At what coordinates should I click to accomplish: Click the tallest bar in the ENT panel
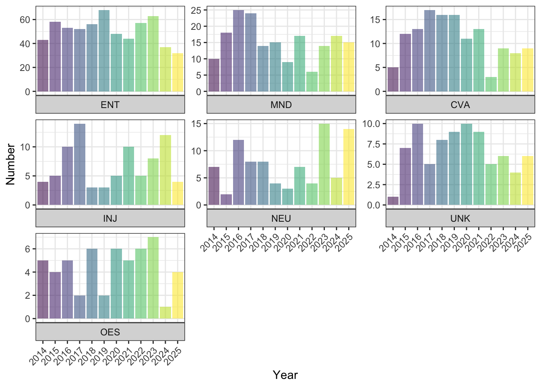pyautogui.click(x=104, y=51)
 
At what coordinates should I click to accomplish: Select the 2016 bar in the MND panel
pyautogui.click(x=238, y=51)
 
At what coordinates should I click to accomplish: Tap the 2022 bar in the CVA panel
pyautogui.click(x=491, y=84)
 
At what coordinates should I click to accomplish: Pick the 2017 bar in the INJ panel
pyautogui.click(x=80, y=164)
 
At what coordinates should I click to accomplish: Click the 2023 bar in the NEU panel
pyautogui.click(x=324, y=164)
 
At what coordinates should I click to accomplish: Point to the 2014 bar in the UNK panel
pyautogui.click(x=393, y=201)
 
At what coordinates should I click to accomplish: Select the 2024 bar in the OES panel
pyautogui.click(x=165, y=313)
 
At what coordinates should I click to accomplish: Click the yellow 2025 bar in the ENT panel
pyautogui.click(x=178, y=73)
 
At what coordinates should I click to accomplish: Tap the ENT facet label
pyautogui.click(x=110, y=105)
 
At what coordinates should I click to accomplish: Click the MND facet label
pyautogui.click(x=281, y=105)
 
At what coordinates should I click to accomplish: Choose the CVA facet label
pyautogui.click(x=460, y=105)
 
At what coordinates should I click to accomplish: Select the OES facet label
pyautogui.click(x=110, y=332)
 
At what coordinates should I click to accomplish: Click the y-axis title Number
pyautogui.click(x=10, y=164)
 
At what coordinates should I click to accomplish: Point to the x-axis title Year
pyautogui.click(x=285, y=375)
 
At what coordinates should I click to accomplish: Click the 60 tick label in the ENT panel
pyautogui.click(x=25, y=20)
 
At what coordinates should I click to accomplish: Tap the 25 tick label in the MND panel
pyautogui.click(x=196, y=10)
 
